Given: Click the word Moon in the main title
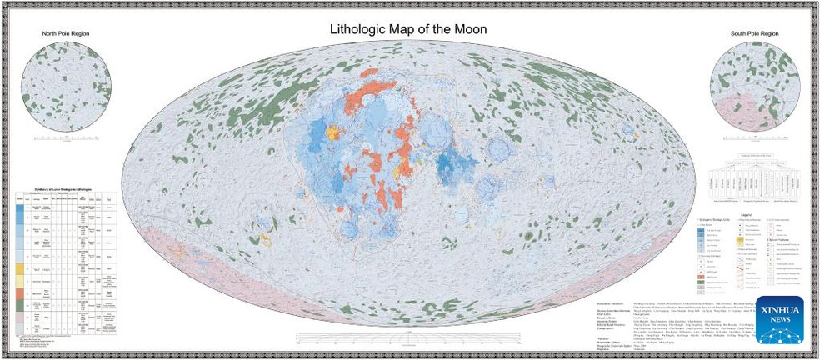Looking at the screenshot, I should point(469,29).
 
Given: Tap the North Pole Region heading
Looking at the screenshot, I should point(66,34).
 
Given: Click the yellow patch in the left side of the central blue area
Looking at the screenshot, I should point(334,132).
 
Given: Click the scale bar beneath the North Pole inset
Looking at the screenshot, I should point(67,137).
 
